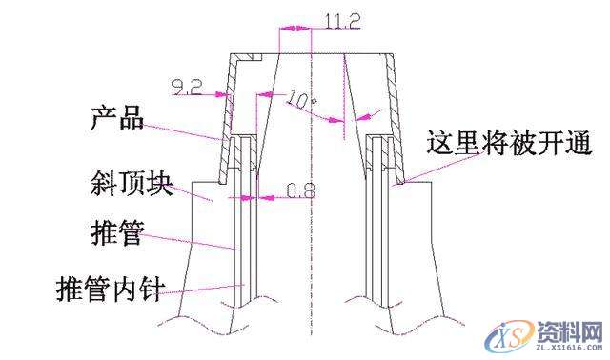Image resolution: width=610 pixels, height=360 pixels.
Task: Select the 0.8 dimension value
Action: click(300, 191)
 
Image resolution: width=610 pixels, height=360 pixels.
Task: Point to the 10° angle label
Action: click(300, 98)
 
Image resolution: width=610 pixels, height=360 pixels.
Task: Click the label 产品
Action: click(116, 120)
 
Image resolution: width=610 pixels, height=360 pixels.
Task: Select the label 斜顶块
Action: click(132, 183)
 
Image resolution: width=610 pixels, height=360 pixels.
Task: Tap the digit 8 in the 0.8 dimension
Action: click(308, 191)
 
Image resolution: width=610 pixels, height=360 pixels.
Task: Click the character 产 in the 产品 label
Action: click(103, 120)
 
